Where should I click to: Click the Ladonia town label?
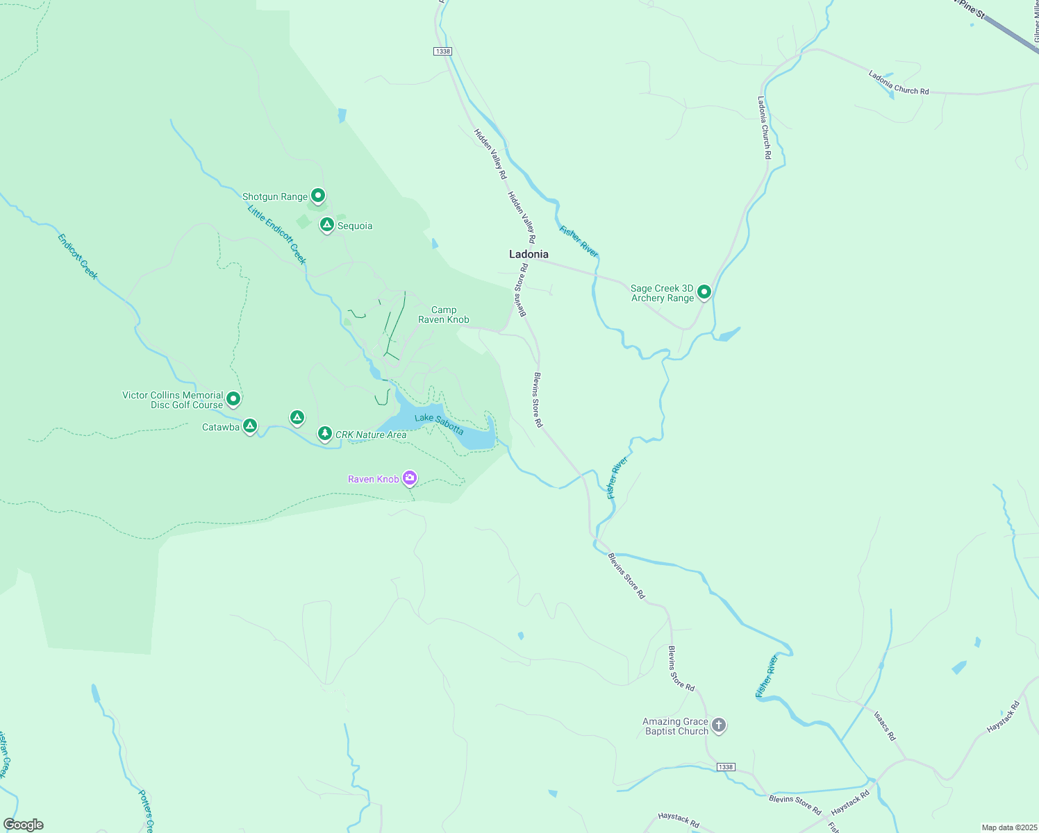(x=529, y=254)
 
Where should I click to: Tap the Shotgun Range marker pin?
(x=318, y=196)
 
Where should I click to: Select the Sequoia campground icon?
(x=326, y=225)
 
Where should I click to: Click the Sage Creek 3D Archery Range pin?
(x=704, y=292)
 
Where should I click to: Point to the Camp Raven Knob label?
(x=443, y=315)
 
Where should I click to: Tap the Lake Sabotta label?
(x=439, y=423)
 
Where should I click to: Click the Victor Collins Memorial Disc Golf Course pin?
(x=233, y=398)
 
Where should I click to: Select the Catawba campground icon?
(x=250, y=426)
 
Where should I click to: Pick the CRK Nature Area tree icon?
(x=324, y=434)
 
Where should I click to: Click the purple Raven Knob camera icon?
(x=410, y=478)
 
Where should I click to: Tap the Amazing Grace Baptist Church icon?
(x=719, y=725)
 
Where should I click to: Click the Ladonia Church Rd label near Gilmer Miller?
(x=898, y=83)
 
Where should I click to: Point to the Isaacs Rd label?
(x=884, y=725)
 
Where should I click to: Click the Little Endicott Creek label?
(x=277, y=234)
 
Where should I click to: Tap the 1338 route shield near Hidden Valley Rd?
(x=442, y=51)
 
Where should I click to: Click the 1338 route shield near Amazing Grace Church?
(x=725, y=767)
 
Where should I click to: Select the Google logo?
(x=24, y=824)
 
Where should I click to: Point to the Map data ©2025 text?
(x=1009, y=827)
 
